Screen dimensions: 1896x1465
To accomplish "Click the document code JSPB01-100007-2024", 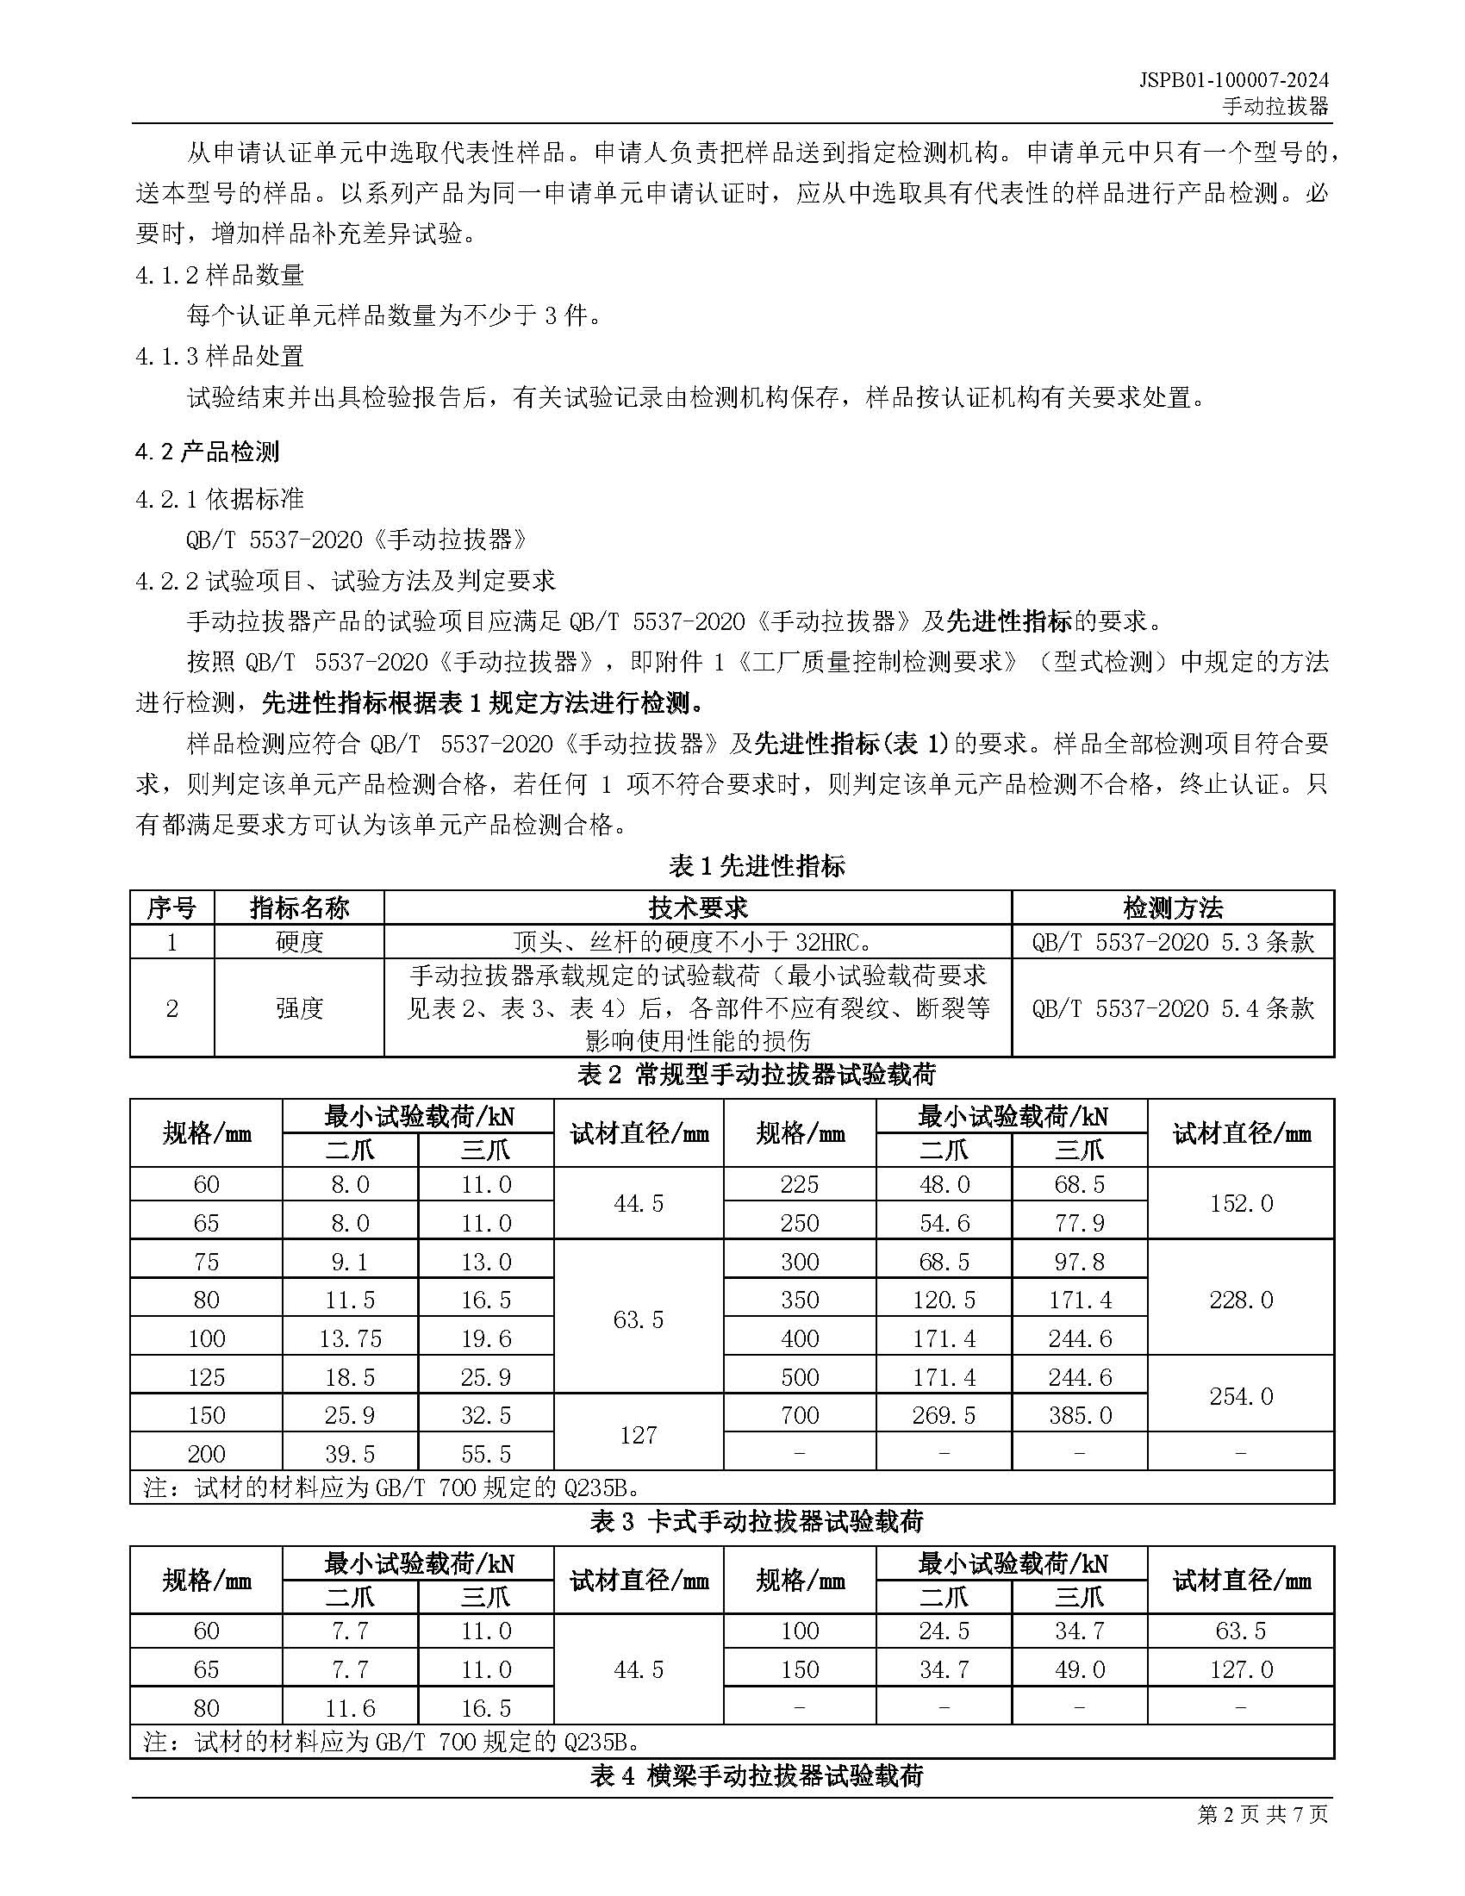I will point(1233,80).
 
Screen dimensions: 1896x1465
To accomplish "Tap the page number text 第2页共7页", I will point(1262,1838).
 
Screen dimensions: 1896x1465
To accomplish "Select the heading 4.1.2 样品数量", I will point(220,275).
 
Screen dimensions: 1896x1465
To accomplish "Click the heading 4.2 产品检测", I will point(208,452).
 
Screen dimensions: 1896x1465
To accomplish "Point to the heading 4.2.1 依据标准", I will point(220,499).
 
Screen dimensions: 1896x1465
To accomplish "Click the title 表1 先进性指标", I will point(756,865).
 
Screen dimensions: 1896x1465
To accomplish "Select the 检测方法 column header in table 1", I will point(1172,908).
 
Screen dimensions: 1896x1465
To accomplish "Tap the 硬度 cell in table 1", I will point(298,942).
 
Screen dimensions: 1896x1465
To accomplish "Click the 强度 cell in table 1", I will point(298,1008).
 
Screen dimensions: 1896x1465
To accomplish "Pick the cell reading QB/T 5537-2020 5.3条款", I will point(1172,942).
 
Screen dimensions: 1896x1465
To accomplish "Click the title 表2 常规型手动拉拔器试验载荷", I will point(756,1075).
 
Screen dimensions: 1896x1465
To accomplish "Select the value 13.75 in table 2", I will point(350,1338).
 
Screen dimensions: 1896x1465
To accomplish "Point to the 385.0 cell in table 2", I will point(1079,1416).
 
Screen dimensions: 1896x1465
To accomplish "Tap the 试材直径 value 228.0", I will point(1240,1300).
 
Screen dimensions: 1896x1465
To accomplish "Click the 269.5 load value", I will point(944,1416).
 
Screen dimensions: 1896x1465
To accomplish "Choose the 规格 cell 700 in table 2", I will point(799,1416).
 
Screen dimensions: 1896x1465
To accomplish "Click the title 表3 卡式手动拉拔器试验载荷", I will point(756,1522).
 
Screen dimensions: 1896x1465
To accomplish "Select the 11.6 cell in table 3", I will point(350,1708).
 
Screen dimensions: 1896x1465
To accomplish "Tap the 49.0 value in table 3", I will point(1079,1669).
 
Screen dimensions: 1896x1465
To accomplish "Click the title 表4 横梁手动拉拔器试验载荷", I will point(756,1776).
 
